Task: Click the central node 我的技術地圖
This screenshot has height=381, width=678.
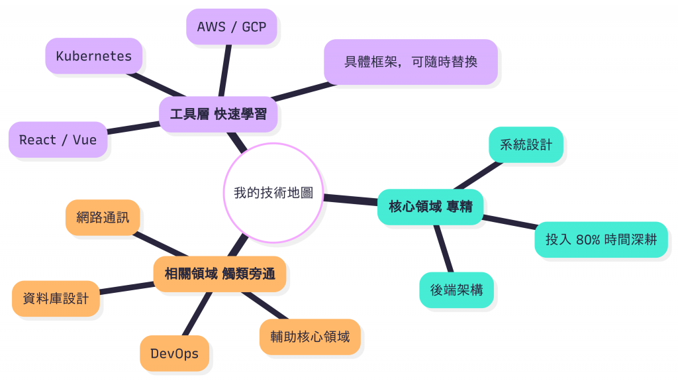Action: [x=273, y=193]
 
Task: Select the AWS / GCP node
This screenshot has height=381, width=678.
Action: [x=231, y=27]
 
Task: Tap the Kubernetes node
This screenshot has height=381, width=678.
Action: [x=93, y=56]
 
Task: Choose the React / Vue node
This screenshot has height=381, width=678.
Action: [x=58, y=140]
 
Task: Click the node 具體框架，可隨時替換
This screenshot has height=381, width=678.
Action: [x=411, y=62]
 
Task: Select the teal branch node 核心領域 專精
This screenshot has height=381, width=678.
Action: [x=430, y=207]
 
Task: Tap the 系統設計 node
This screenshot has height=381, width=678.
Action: [x=526, y=144]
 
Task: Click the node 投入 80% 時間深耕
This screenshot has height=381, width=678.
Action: [x=601, y=240]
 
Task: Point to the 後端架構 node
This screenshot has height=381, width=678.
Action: [x=456, y=290]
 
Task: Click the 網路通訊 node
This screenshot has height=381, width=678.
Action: [x=103, y=217]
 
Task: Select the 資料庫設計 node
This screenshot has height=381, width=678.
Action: [x=56, y=299]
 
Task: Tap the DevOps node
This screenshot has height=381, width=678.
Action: [x=174, y=353]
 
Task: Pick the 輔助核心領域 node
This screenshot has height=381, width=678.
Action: [x=310, y=337]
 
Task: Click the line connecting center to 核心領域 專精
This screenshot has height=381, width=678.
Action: [x=350, y=198]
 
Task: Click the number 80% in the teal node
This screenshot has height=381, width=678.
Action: [x=588, y=240]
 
